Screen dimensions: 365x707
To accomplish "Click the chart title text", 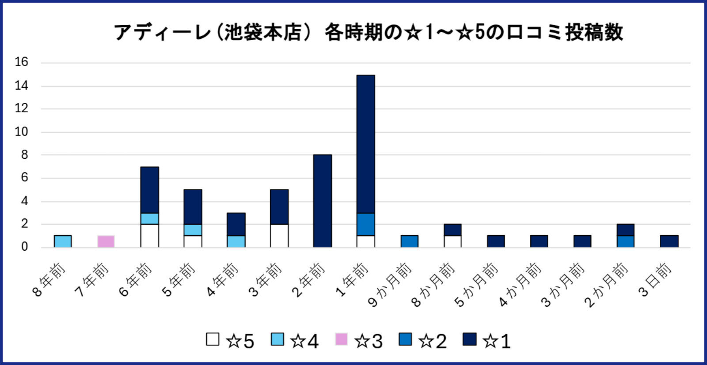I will tap(368, 32).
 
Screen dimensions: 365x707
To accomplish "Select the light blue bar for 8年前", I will tap(63, 241).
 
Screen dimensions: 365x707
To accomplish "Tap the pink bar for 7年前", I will tap(106, 241).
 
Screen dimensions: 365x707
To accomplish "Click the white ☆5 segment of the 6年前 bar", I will tap(149, 236).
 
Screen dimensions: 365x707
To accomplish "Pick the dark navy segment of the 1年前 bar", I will tap(366, 144).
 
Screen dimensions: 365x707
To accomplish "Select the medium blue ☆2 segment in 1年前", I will tap(366, 225).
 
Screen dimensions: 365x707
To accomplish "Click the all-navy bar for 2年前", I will tap(323, 201).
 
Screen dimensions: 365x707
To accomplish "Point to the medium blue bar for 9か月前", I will tap(409, 241).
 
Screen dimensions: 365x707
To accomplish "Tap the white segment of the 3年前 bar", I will tap(279, 236).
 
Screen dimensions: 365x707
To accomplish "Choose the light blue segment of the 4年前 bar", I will tap(236, 241).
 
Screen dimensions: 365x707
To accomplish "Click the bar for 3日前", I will tap(669, 241).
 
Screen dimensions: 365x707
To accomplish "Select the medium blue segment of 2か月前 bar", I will tap(626, 241).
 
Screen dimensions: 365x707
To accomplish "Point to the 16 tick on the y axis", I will tap(21, 62).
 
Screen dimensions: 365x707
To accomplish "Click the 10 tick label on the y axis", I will tap(21, 132).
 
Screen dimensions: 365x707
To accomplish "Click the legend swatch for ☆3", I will tap(341, 339).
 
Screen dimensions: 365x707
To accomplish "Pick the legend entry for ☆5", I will tap(230, 341).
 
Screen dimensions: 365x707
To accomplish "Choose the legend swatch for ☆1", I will tap(470, 339).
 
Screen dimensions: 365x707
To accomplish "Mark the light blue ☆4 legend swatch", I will tap(277, 339).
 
